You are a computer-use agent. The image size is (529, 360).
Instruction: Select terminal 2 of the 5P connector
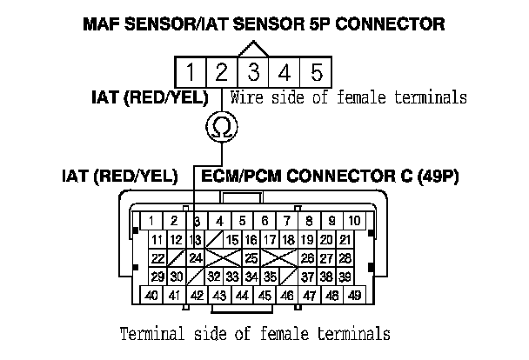coord(222,70)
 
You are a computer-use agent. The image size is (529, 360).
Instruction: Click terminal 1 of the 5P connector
coord(191,70)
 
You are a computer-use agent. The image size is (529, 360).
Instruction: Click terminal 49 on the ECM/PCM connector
coord(354,297)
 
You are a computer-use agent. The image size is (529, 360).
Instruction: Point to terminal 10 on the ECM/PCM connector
coord(354,221)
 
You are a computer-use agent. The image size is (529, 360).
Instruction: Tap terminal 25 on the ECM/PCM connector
coord(251,258)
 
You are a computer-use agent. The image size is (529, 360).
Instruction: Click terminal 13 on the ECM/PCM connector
coord(195,240)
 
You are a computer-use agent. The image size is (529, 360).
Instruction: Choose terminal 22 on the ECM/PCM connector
coord(157,258)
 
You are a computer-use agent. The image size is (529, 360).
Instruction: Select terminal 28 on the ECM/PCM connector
coord(345,258)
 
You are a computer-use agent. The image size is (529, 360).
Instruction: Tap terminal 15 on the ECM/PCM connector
coord(231,240)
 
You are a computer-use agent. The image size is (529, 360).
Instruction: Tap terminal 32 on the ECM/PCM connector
coord(213,277)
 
